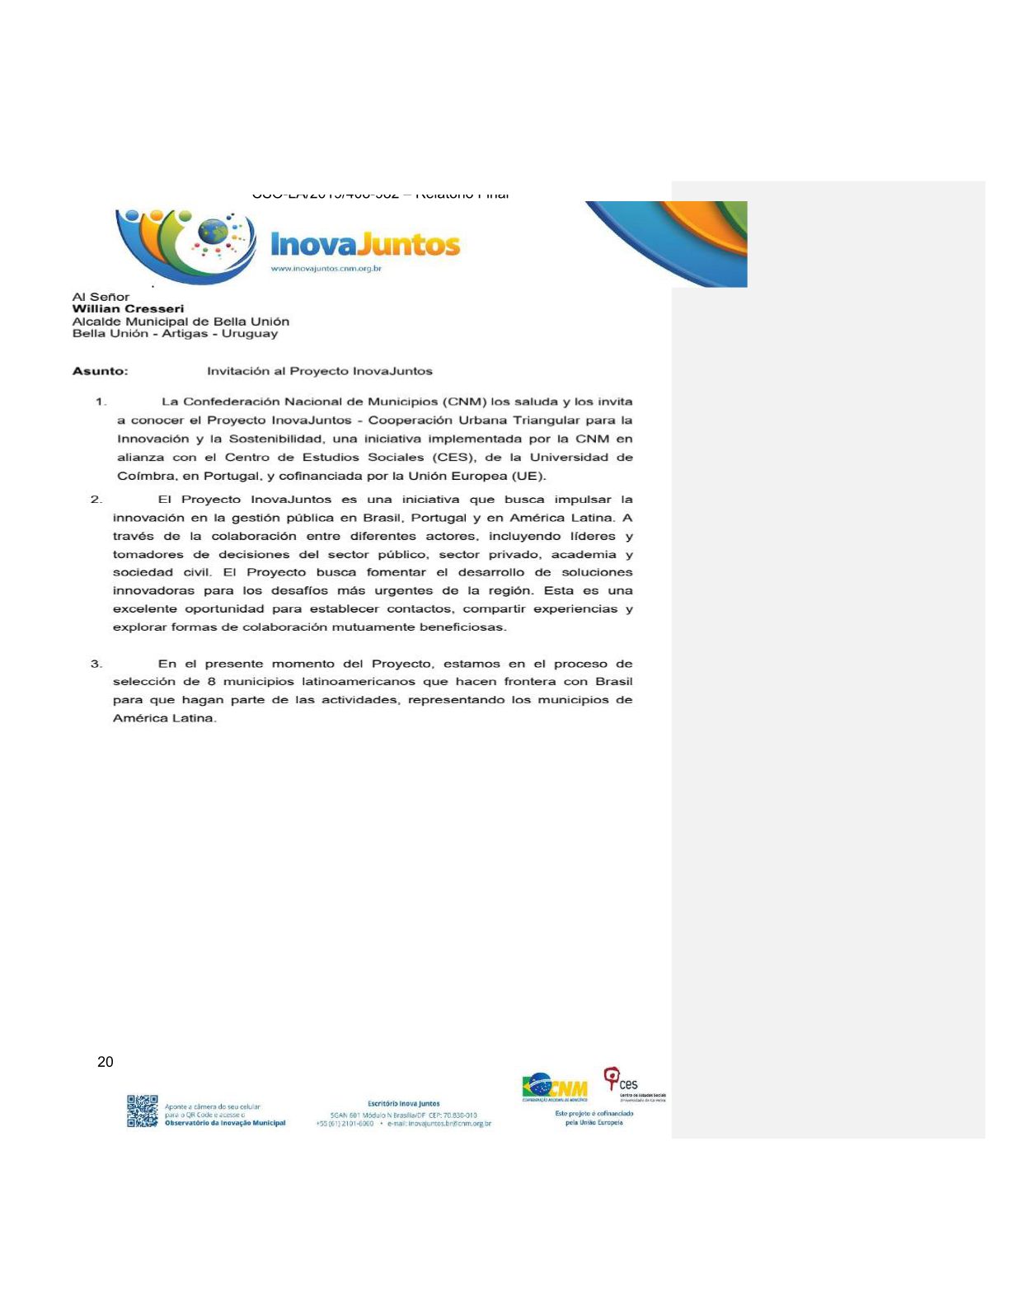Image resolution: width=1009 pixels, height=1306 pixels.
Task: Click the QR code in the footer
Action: point(142,1111)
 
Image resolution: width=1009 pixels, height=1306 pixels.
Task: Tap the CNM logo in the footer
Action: point(555,1087)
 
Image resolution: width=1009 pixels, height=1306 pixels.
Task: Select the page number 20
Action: point(106,1062)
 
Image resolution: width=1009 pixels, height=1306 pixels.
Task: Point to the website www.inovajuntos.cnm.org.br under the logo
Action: point(326,269)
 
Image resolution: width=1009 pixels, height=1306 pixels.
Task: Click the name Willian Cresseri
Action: point(128,308)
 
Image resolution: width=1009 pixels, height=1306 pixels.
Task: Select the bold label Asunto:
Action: point(101,371)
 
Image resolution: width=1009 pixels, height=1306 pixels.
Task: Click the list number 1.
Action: point(101,402)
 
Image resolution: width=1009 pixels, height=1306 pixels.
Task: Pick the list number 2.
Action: point(96,500)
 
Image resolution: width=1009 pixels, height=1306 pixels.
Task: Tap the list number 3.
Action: point(96,664)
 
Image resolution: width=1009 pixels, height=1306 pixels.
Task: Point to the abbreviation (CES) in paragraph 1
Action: point(453,458)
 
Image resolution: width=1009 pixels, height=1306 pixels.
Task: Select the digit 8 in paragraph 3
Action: point(212,682)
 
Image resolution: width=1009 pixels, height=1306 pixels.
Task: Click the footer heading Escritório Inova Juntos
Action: point(403,1103)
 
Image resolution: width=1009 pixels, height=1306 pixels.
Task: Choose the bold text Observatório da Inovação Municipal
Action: point(225,1123)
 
